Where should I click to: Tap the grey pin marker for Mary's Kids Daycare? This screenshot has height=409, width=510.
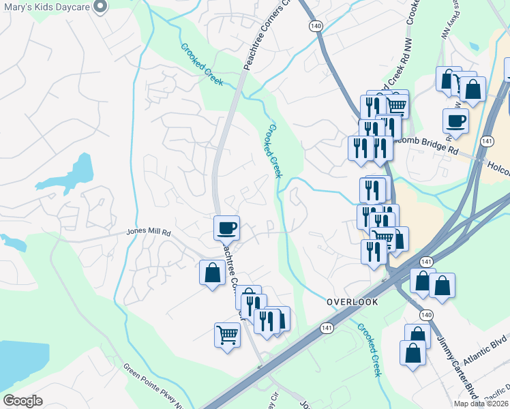tap(100, 7)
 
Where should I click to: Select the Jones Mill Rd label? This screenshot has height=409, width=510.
tap(148, 232)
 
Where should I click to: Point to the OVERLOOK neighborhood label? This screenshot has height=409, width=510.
tap(351, 301)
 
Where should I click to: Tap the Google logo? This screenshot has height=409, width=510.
tap(22, 401)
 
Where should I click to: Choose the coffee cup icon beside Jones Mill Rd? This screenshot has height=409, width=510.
tap(226, 227)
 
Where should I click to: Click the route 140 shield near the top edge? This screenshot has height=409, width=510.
tap(314, 25)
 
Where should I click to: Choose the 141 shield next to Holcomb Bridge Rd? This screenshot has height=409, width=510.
tap(486, 141)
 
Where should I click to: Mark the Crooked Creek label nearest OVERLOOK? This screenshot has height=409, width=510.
tap(368, 349)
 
